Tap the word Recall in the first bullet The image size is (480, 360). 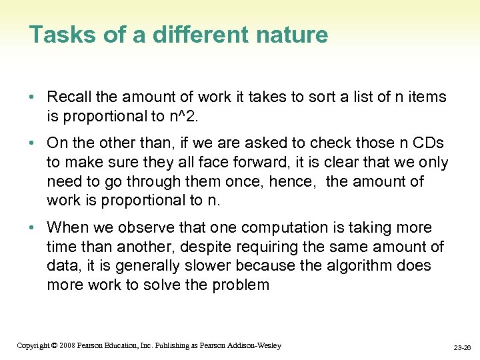point(70,97)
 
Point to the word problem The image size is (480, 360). point(239,285)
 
